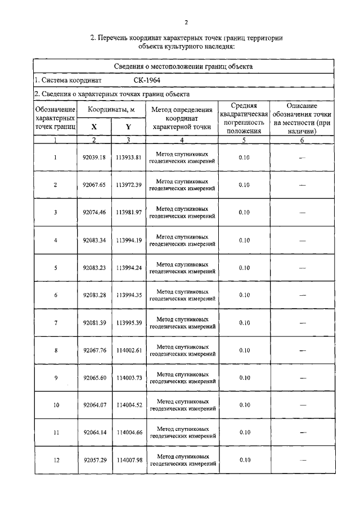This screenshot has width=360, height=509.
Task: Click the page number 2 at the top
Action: [185, 22]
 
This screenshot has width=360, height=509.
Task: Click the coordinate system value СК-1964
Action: [139, 80]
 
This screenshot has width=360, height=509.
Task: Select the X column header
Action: [94, 127]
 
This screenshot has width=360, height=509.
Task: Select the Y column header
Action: [128, 127]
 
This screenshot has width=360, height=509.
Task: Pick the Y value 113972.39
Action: [128, 185]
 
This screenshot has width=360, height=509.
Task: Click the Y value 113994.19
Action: [128, 240]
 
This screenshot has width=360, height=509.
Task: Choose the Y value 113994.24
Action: [128, 268]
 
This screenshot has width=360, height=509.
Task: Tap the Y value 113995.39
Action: [128, 323]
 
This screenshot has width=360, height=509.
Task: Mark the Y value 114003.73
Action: [128, 378]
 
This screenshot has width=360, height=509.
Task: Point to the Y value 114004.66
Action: [128, 433]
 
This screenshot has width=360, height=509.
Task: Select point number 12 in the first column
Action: [56, 461]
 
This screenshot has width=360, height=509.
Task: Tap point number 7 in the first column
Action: [56, 323]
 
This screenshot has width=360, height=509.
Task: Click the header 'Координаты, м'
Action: [111, 109]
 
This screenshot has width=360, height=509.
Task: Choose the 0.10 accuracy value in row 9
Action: [244, 378]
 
